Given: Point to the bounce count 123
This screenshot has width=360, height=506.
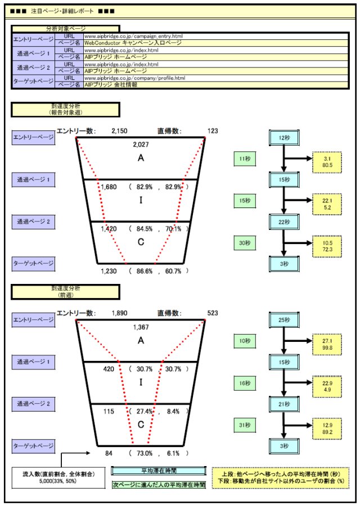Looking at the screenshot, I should point(213,131).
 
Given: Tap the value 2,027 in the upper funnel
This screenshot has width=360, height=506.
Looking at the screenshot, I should point(141,144).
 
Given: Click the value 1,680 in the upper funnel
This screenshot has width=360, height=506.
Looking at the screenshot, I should point(109,187).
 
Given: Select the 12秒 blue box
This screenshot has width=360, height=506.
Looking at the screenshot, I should point(284,138).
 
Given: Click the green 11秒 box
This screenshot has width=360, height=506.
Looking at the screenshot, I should point(245,159).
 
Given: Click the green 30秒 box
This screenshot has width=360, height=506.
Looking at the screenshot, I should point(245,242).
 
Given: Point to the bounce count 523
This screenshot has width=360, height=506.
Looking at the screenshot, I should point(213,313).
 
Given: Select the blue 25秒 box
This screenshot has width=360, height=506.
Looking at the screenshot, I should point(284,320).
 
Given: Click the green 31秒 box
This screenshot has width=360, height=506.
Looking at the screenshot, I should point(245,424).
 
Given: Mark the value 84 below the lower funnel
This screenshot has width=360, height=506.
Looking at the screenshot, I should point(109,453).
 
